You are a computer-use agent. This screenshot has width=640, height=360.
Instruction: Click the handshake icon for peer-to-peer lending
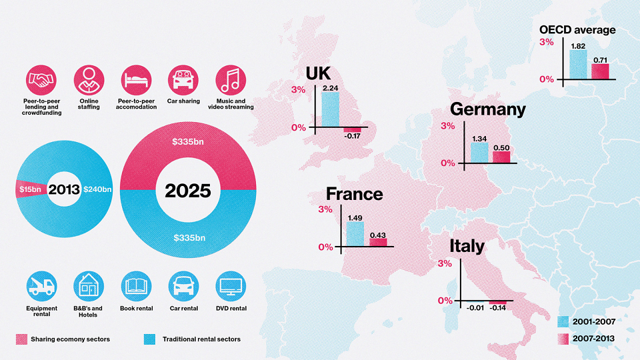pyautogui.click(x=41, y=80)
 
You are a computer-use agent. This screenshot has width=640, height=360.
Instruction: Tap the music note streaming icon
pyautogui.click(x=231, y=80)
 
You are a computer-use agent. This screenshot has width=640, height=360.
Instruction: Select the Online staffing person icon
pyautogui.click(x=89, y=80)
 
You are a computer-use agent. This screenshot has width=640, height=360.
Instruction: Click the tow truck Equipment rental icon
pyautogui.click(x=41, y=286)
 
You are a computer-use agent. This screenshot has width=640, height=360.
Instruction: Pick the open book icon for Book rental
pyautogui.click(x=136, y=286)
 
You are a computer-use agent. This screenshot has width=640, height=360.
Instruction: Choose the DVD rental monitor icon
pyautogui.click(x=231, y=286)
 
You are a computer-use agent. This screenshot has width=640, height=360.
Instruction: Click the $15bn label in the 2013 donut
pyautogui.click(x=30, y=189)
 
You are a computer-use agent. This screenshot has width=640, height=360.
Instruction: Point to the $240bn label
pyautogui.click(x=97, y=189)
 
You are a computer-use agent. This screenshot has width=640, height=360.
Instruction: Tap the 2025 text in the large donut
pyautogui.click(x=188, y=191)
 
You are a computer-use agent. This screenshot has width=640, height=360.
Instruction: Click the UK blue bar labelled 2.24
pyautogui.click(x=330, y=109)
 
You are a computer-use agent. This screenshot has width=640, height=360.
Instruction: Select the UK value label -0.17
pyautogui.click(x=352, y=136)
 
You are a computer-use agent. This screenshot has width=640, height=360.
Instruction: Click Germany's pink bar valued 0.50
pyautogui.click(x=501, y=157)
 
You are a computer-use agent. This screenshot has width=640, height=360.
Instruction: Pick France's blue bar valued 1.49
pyautogui.click(x=355, y=234)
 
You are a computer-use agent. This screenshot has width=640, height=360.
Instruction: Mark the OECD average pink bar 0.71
pyautogui.click(x=600, y=71)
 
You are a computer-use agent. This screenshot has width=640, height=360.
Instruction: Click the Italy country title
pyautogui.click(x=467, y=246)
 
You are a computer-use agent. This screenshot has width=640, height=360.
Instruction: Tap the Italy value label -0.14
pyautogui.click(x=497, y=308)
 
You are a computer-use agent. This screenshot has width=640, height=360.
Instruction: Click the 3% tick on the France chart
pyautogui.click(x=325, y=209)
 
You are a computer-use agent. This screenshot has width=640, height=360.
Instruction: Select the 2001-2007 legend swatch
pyautogui.click(x=563, y=321)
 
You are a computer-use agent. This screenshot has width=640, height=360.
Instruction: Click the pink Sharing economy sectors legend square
pyautogui.click(x=21, y=339)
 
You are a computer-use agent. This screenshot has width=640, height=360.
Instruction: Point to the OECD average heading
pyautogui.click(x=577, y=30)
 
